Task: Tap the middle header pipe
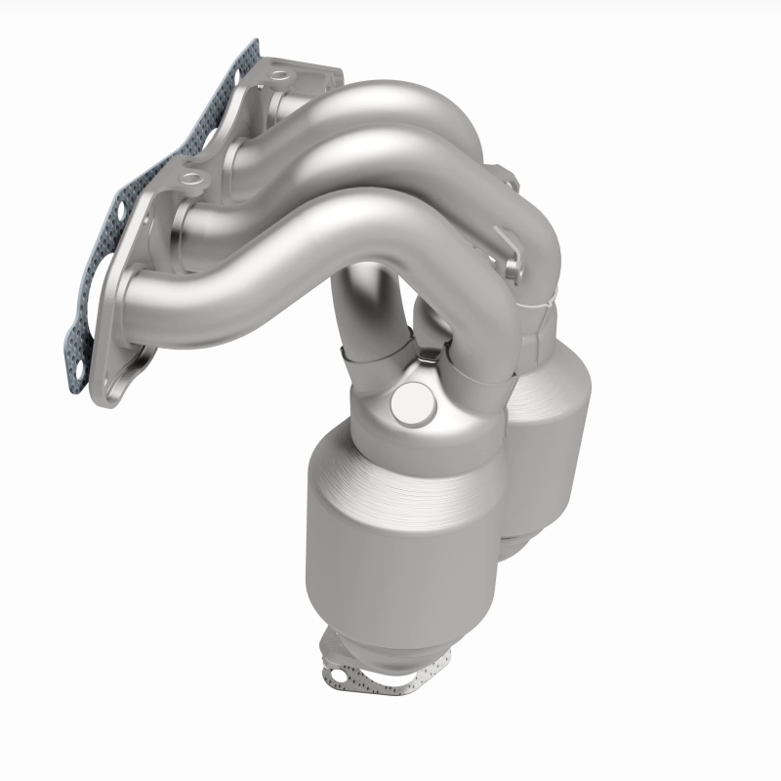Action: click(x=371, y=161)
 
